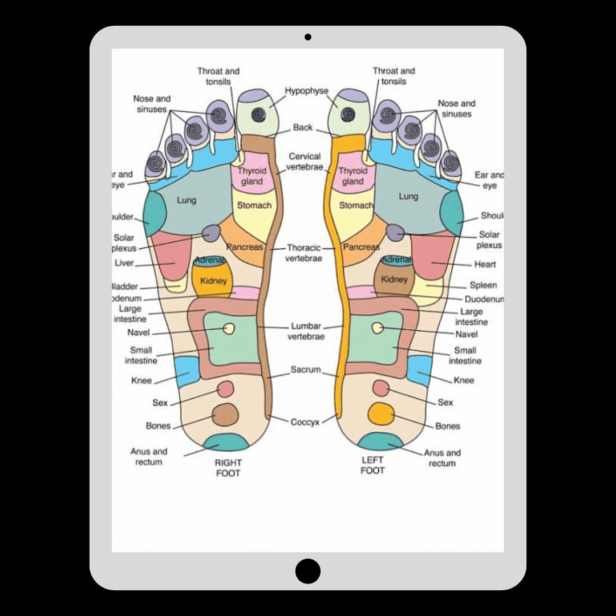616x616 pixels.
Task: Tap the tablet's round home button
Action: pos(308,570)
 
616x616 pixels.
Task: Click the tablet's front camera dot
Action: pos(308,37)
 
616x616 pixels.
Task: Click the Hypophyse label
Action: pos(307,91)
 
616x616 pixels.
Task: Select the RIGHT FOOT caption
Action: pos(228,468)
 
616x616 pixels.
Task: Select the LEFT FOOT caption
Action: pos(372,465)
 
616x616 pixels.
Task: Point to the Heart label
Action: pos(485,264)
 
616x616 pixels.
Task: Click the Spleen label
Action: pos(483,285)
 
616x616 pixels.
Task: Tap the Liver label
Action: pos(124,263)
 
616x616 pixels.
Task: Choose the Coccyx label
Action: pos(305,422)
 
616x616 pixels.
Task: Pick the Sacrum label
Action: pos(306,370)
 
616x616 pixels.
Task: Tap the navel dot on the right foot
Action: pos(229,329)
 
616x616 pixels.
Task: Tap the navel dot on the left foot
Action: pos(377,327)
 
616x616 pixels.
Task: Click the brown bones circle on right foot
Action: pos(225,414)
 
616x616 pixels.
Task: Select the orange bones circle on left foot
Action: pos(380,413)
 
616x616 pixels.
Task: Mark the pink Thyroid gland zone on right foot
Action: pos(251,176)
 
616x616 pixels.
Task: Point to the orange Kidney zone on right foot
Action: pos(213,281)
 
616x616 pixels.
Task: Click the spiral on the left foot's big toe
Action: pos(347,114)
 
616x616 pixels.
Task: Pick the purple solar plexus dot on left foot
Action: pos(395,232)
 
